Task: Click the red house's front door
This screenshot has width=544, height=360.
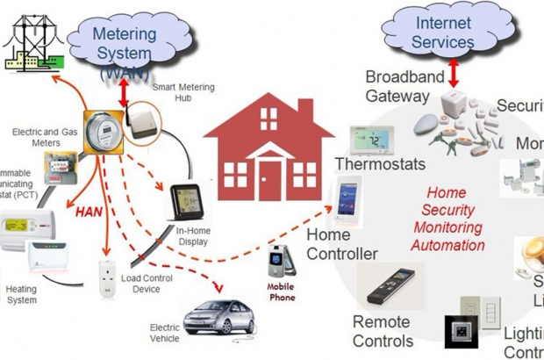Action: coord(269,181)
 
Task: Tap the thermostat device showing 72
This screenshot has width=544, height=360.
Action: coord(370,140)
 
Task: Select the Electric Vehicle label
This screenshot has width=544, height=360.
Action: coord(165,333)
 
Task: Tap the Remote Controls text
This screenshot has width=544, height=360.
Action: coord(382,331)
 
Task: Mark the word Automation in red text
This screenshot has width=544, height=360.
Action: coord(447,245)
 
